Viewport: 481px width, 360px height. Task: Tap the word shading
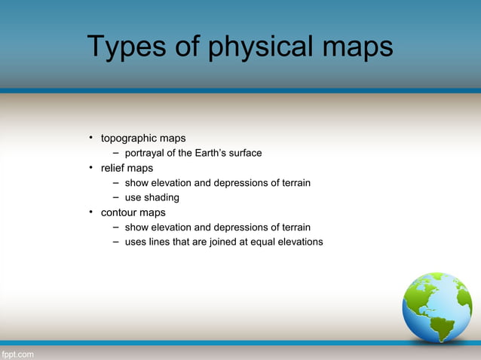162,198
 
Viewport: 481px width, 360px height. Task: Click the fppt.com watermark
17,353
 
